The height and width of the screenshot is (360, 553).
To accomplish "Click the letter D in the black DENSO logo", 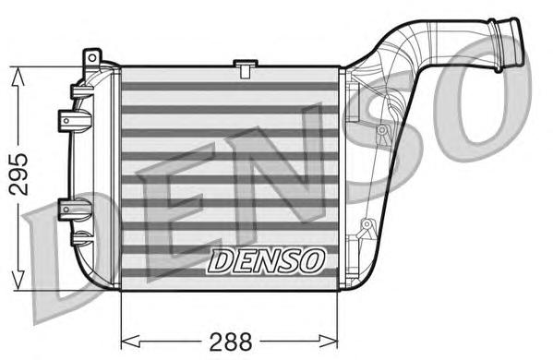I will [222, 261].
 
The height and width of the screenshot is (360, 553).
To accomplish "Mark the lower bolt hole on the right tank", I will [367, 224].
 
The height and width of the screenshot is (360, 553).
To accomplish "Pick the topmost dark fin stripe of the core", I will [231, 87].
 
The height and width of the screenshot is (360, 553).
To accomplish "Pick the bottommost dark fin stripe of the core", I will [231, 274].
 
